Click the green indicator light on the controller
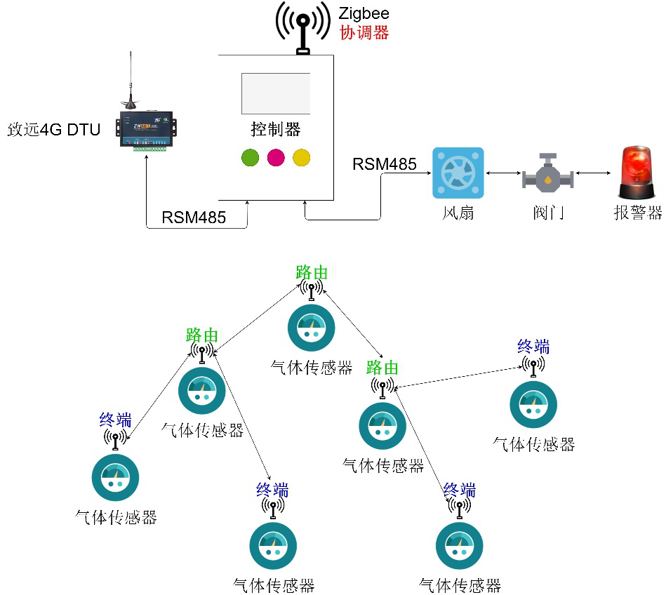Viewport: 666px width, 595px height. click(250, 158)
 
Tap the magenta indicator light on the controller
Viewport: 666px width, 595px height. click(276, 158)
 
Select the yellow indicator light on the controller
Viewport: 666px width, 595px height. click(302, 158)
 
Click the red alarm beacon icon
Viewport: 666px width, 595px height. click(637, 173)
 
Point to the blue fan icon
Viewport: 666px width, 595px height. click(458, 173)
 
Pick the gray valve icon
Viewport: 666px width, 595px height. click(548, 173)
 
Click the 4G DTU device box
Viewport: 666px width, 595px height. click(146, 128)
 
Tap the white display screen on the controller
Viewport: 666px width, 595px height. click(276, 94)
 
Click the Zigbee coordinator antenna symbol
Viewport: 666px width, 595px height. click(303, 27)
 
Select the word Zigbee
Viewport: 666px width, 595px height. click(364, 14)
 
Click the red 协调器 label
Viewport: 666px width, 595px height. click(364, 33)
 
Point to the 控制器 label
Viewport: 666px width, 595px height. click(276, 129)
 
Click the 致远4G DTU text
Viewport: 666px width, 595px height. click(54, 130)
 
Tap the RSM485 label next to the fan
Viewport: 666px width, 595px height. click(385, 164)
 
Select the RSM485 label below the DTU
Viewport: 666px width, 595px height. click(194, 218)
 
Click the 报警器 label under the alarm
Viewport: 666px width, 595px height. click(637, 213)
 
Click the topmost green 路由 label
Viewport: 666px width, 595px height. click(312, 273)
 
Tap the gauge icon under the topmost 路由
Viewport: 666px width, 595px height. click(312, 328)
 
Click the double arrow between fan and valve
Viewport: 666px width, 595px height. click(503, 173)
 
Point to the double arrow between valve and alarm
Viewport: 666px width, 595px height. click(594, 173)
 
